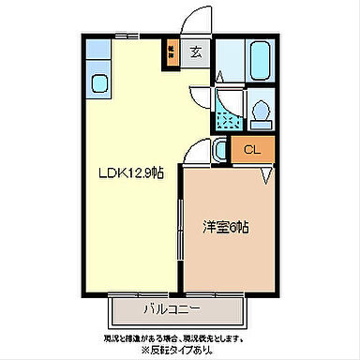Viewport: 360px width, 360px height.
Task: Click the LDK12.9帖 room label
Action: (126, 173)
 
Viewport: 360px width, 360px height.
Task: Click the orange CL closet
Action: (250, 149)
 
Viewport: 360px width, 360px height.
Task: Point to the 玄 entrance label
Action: (196, 53)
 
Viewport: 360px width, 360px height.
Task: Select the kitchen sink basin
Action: (98, 83)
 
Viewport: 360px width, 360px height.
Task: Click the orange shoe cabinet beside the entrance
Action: (171, 52)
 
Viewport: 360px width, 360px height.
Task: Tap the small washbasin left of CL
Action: (218, 148)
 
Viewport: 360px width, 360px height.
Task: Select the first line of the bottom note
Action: (175, 337)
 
